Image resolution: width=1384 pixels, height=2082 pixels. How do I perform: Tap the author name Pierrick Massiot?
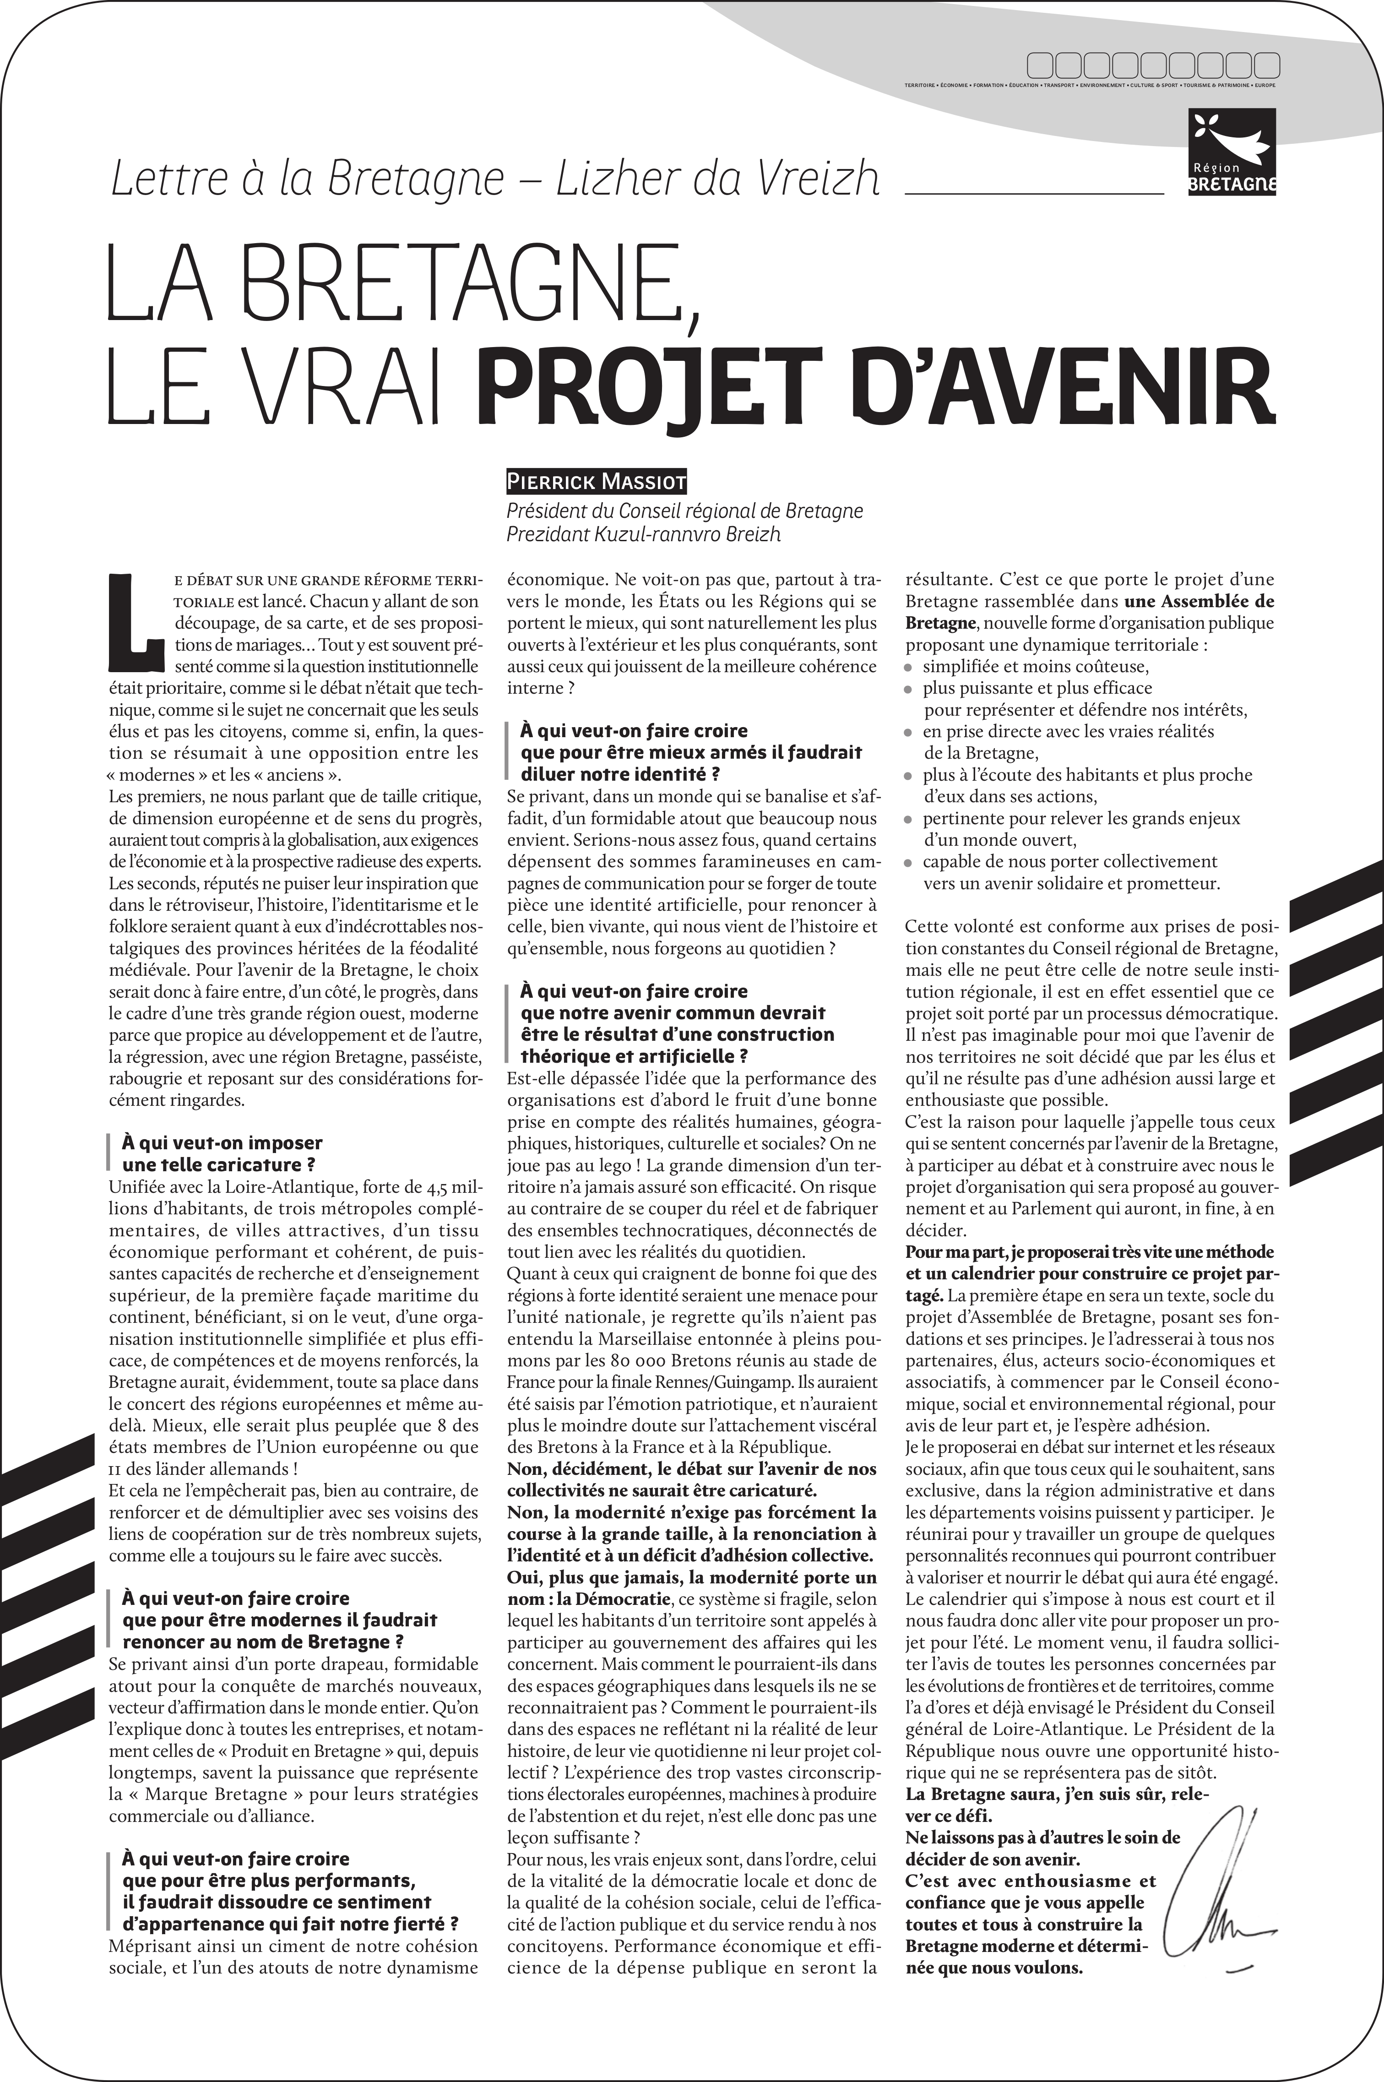(596, 482)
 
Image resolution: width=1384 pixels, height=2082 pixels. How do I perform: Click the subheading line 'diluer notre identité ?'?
(620, 774)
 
